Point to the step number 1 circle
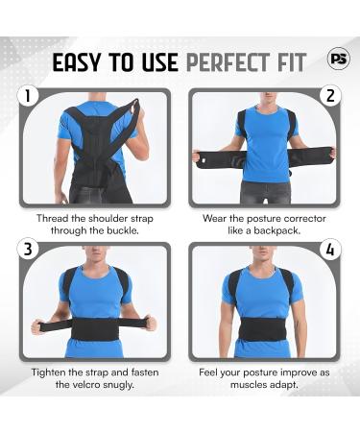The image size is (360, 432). click(x=29, y=97)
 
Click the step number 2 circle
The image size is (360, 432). click(x=330, y=97)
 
